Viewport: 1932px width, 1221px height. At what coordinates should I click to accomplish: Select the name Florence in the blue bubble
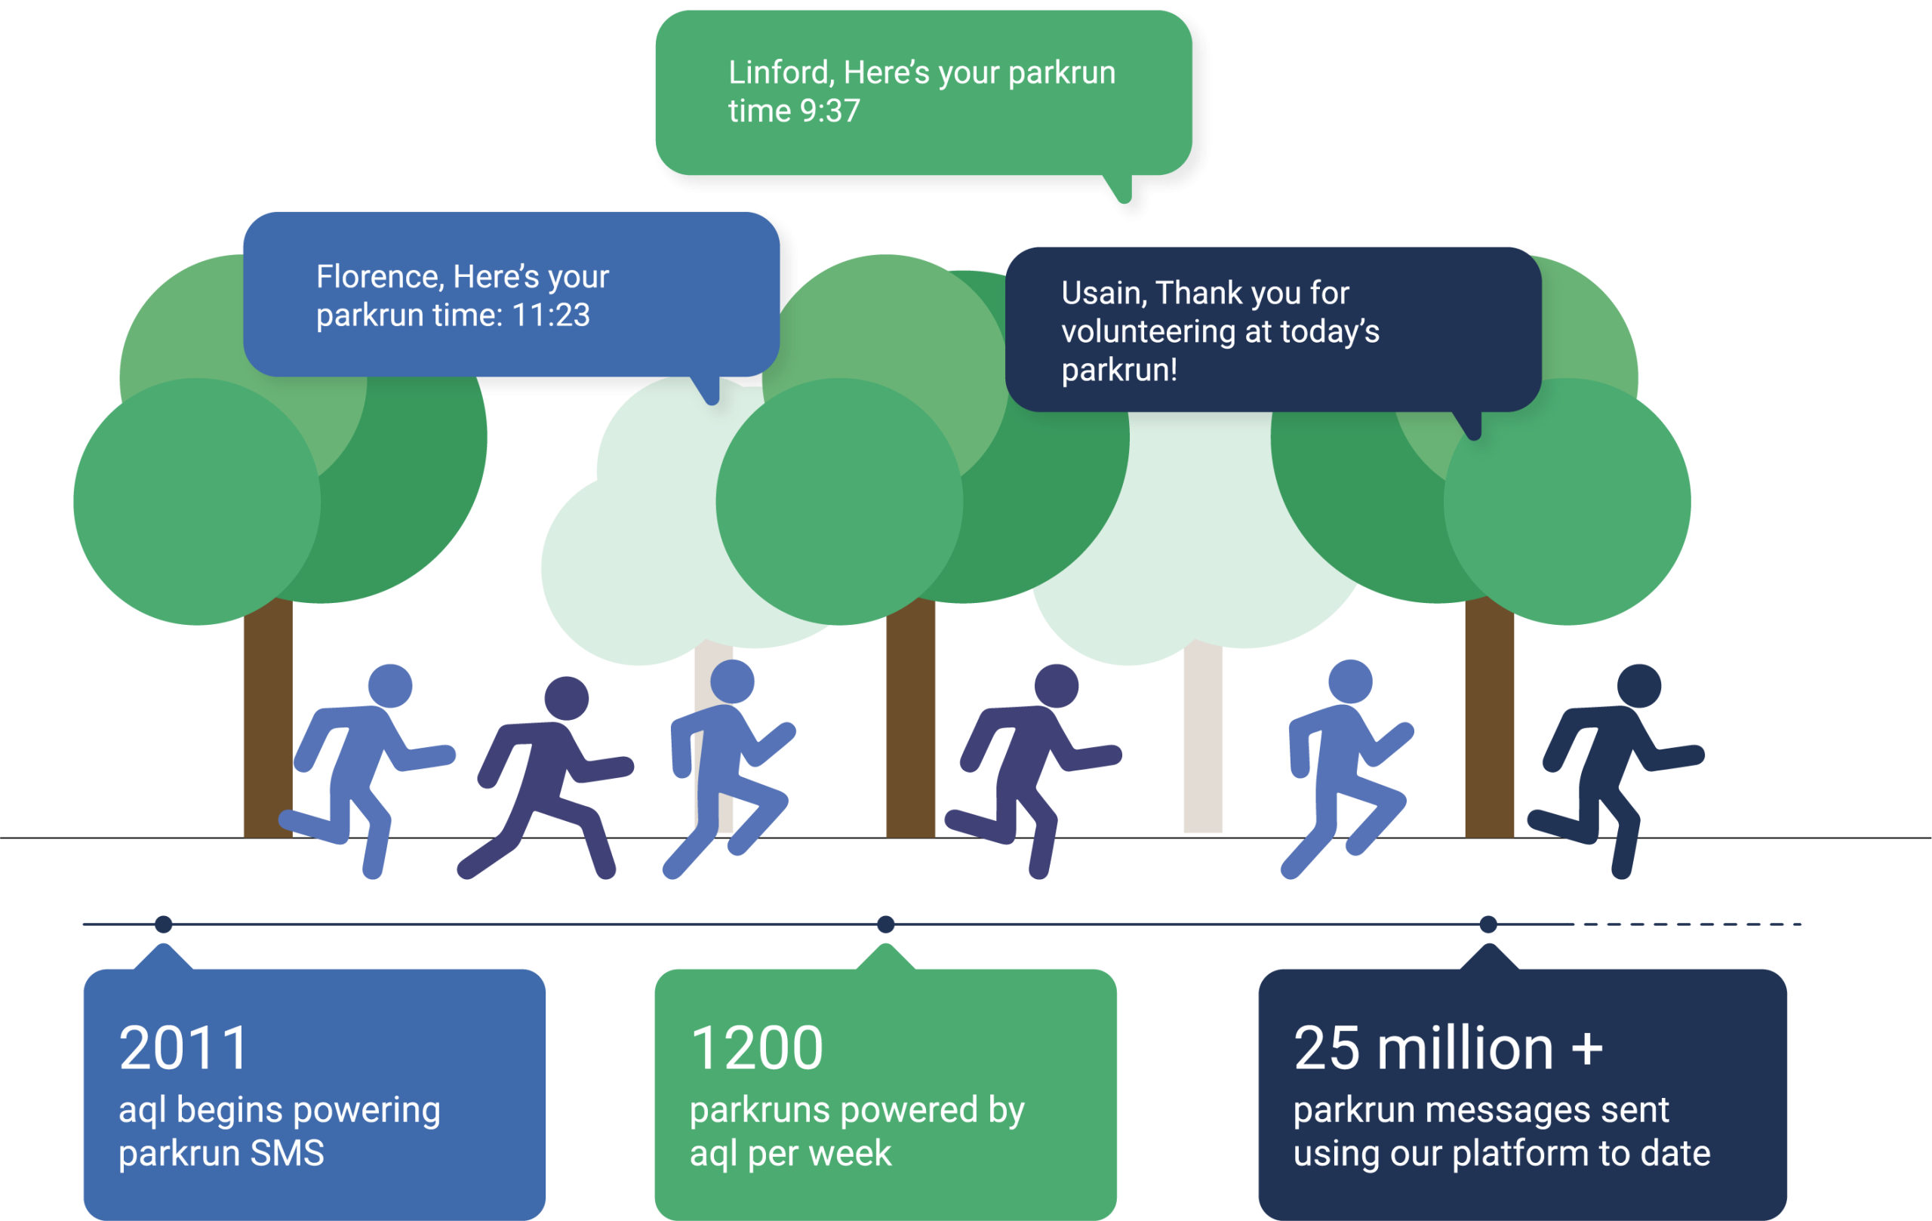pos(380,277)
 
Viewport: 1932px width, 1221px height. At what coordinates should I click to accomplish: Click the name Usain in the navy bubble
pos(1104,294)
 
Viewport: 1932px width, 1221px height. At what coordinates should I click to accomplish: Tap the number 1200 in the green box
pos(757,1047)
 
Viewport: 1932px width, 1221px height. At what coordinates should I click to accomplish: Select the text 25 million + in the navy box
pos(1448,1047)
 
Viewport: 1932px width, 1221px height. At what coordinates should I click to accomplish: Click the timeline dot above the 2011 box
pos(164,924)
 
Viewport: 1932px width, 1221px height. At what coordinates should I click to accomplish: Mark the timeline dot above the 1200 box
pos(886,924)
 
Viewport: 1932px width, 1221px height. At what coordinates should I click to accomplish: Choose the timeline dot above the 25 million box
pos(1488,924)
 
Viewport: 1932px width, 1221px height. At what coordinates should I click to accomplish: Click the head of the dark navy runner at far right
pos(1639,686)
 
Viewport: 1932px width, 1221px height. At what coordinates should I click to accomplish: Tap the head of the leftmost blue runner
pos(390,686)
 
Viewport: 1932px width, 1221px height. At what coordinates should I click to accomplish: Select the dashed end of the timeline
pos(1689,924)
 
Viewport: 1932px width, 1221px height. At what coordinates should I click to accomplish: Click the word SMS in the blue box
pos(287,1154)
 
